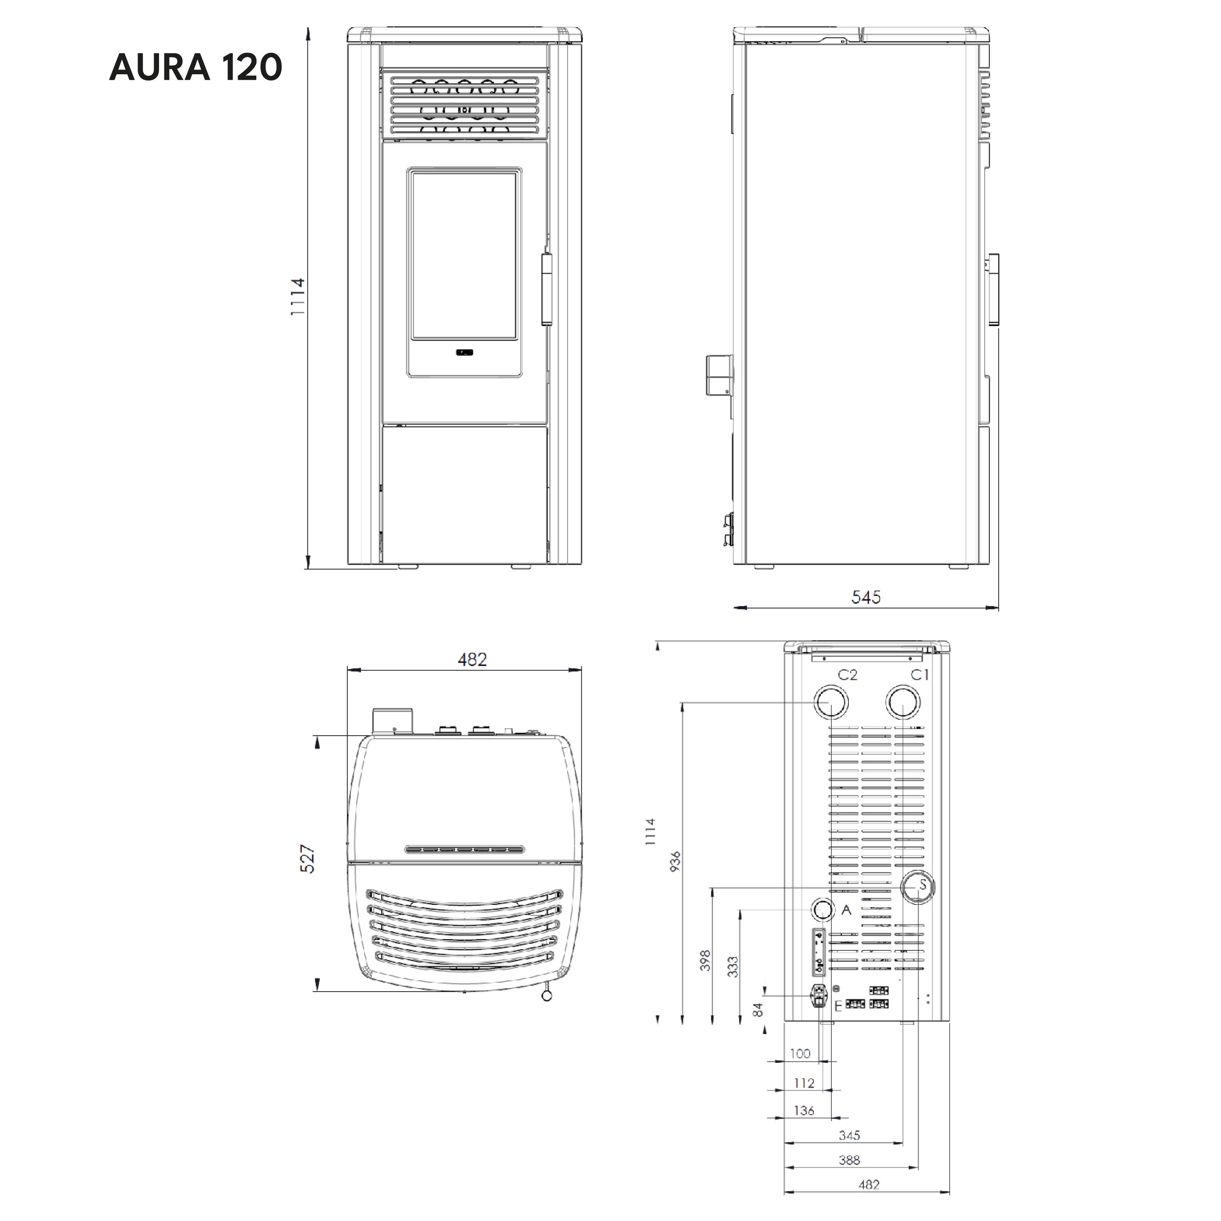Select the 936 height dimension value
(675, 861)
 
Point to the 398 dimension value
(706, 960)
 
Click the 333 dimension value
(733, 967)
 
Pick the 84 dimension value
(759, 1009)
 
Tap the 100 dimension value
(800, 1053)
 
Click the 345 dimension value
(849, 1135)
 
